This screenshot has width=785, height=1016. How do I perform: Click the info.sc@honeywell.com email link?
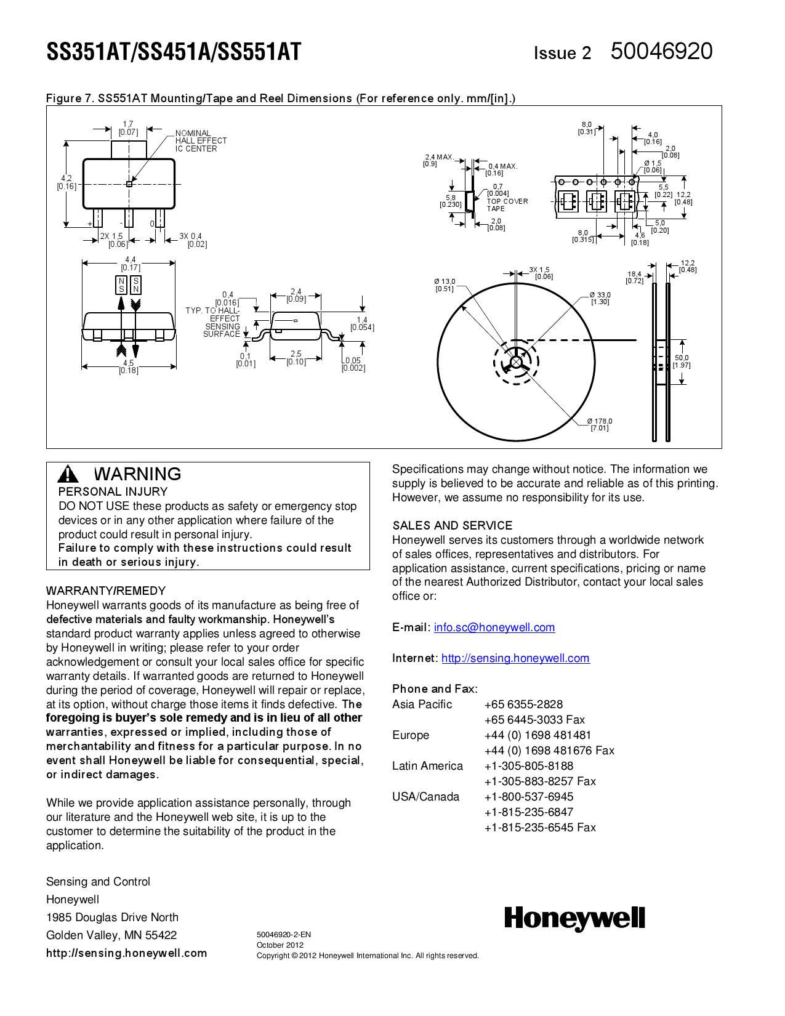coord(494,627)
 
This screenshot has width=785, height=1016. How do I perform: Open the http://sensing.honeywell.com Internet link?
coord(515,658)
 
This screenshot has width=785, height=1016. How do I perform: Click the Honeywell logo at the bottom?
coord(574,919)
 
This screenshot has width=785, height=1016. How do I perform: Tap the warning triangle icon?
coord(68,474)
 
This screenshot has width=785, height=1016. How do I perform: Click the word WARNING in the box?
coord(137,474)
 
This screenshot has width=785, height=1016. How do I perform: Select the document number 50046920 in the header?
coord(661,51)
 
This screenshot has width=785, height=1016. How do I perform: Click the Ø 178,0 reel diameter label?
coord(599,425)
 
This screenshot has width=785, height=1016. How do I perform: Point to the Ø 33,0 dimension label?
coord(600,299)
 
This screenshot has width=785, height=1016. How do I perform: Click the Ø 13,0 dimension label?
coord(444,285)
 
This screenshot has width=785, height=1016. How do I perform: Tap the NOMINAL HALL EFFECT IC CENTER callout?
coord(200,141)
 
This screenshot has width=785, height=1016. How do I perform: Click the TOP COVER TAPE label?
coord(507,205)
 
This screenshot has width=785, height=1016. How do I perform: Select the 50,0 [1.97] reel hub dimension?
coord(682,361)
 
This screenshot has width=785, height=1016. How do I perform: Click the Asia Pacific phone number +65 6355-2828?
coord(523,704)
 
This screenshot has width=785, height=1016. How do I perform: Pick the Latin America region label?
coord(427,766)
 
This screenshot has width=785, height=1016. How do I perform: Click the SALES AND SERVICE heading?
coord(452,526)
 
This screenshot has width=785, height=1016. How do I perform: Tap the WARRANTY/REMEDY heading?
coord(106,591)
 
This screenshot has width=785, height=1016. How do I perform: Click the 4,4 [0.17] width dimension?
coord(131,264)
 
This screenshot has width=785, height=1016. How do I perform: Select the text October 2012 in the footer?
coord(280,945)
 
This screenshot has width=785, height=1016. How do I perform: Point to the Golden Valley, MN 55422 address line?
coord(111,935)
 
